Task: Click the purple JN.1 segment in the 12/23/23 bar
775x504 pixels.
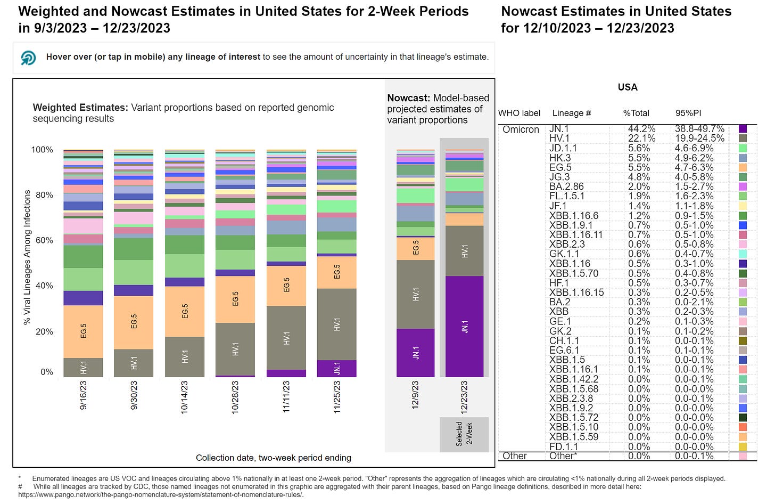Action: [x=464, y=326]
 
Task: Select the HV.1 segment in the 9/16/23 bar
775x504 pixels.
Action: [x=83, y=367]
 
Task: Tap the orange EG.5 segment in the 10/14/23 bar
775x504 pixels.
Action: [x=185, y=311]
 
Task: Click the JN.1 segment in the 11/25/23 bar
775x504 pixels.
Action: [x=336, y=368]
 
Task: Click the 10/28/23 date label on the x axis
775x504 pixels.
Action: [x=235, y=397]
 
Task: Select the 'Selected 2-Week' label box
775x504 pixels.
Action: [x=464, y=434]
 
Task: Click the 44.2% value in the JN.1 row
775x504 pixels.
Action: [x=641, y=129]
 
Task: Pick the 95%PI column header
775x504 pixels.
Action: [x=688, y=113]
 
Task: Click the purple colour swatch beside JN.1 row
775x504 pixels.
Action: [x=743, y=129]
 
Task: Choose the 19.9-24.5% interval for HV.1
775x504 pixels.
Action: [x=699, y=139]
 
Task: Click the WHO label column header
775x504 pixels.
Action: [x=519, y=113]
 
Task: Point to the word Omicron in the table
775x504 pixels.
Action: [x=521, y=129]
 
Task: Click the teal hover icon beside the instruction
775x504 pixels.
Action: [x=28, y=58]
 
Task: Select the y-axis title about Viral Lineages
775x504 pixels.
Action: [x=27, y=258]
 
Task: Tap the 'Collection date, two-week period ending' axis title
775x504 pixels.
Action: [x=273, y=458]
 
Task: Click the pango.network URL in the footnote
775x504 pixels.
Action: [x=160, y=494]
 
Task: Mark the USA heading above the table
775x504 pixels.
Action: [x=628, y=87]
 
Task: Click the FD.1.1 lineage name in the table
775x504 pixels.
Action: [x=563, y=446]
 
